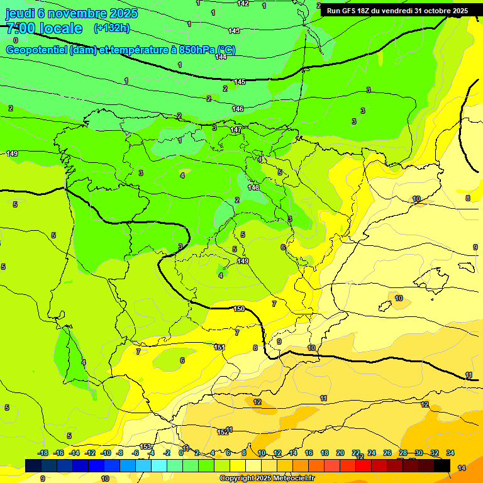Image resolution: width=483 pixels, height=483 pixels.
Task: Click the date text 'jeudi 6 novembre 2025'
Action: point(72,13)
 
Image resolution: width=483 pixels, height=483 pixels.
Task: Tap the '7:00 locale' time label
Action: point(44,28)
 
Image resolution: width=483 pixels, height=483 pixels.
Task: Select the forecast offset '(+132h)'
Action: point(111,28)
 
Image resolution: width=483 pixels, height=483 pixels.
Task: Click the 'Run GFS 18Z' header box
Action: point(397,11)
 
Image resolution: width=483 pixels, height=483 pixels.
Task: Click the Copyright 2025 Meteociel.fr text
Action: point(267,479)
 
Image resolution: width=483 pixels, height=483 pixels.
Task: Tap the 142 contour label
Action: point(243,4)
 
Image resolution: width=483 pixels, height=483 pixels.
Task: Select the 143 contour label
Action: point(234,31)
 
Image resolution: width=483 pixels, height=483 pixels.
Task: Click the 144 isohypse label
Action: point(221,57)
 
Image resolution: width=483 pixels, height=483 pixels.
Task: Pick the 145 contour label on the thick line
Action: point(240,82)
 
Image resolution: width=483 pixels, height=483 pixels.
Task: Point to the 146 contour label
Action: point(237,109)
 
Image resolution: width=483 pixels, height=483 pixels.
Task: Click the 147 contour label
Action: point(235,130)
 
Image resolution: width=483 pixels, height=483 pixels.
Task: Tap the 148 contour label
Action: point(253,187)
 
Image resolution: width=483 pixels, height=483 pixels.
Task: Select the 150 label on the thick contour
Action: point(239,309)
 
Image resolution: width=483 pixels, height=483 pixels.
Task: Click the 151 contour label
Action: point(219,347)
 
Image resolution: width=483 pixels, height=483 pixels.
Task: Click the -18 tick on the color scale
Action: point(43,453)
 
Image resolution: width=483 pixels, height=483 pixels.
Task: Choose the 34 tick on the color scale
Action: point(450,453)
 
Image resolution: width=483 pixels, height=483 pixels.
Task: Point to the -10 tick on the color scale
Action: point(106,453)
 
